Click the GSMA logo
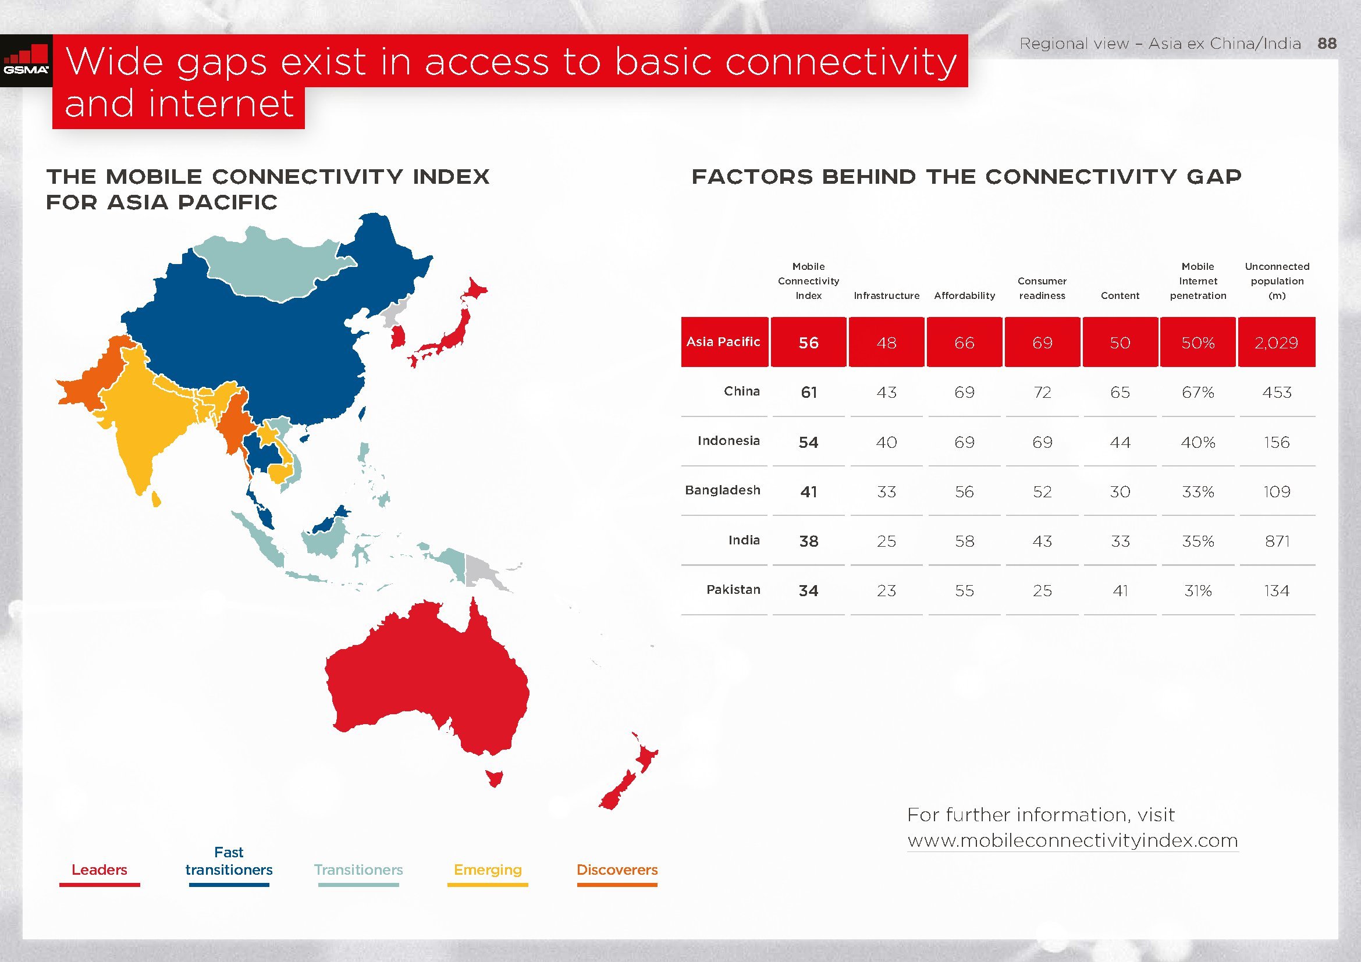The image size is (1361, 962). (x=26, y=60)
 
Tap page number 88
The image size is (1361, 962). (x=1327, y=43)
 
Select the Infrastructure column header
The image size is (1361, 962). (x=886, y=295)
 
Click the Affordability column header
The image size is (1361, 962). (x=964, y=295)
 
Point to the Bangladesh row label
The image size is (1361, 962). (x=722, y=490)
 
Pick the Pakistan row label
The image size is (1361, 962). (x=733, y=589)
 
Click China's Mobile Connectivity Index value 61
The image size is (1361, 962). (x=809, y=392)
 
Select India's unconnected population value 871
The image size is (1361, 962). (x=1277, y=541)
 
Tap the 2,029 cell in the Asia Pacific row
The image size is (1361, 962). (x=1276, y=343)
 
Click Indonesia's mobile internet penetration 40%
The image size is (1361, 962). (x=1198, y=442)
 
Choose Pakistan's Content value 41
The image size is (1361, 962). (x=1120, y=590)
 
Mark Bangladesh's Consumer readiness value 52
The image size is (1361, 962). (x=1042, y=491)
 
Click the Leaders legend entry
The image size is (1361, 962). (x=100, y=870)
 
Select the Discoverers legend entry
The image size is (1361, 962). (x=617, y=870)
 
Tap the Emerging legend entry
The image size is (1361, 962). (x=488, y=870)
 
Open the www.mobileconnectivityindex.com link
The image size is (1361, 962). (x=1072, y=840)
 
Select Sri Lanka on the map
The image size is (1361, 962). (x=156, y=498)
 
